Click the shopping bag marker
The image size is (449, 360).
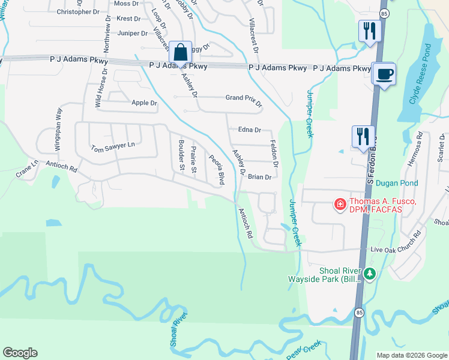180,52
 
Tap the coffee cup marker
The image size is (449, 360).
384,74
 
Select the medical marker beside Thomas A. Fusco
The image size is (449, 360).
340,205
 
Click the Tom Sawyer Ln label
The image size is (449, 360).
113,146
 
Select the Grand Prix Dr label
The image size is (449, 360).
244,100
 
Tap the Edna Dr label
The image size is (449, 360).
250,130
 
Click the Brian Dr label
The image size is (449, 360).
261,177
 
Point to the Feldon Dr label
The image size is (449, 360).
274,154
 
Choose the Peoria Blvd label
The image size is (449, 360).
217,170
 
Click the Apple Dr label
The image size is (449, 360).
144,103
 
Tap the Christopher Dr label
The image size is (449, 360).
77,11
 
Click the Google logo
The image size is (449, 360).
20,353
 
